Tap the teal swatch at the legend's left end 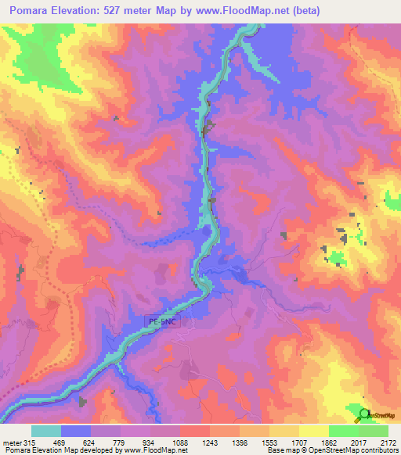point(46,431)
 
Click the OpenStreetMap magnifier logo point(364,414)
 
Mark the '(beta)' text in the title point(302,11)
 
